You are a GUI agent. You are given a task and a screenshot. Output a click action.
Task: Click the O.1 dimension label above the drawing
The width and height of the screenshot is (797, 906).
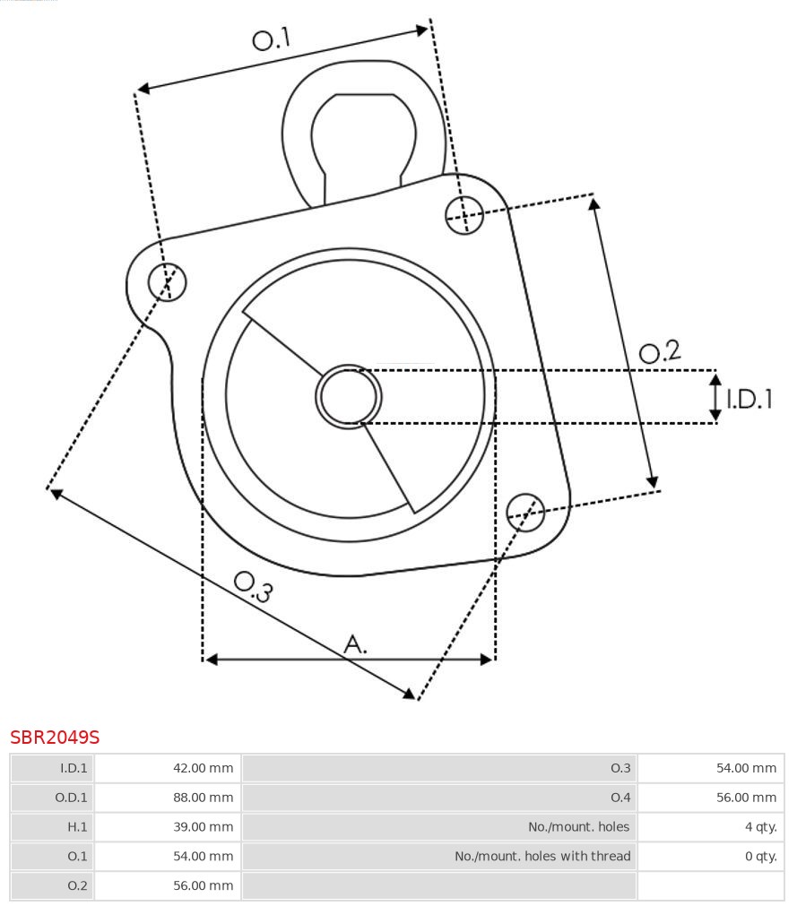tap(272, 39)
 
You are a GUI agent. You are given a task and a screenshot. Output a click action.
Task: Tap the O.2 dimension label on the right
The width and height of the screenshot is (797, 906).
tap(660, 351)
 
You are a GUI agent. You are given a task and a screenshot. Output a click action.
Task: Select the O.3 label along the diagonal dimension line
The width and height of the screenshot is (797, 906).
tap(253, 586)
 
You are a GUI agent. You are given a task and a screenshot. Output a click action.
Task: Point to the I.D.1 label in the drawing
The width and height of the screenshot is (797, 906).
tap(749, 399)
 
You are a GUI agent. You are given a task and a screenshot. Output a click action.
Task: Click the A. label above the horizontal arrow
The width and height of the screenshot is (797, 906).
tap(356, 643)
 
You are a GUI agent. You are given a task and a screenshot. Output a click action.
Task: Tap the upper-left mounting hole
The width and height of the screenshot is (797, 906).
tap(168, 282)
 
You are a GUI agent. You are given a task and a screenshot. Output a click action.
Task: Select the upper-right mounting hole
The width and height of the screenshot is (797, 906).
tap(464, 214)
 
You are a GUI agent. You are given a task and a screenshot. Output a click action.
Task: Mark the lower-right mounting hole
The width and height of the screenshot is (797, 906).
tap(525, 511)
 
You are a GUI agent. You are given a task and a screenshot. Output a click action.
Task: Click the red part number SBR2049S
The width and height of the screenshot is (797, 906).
tap(55, 738)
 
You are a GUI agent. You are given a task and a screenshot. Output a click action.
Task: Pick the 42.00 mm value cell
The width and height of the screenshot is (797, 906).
tap(168, 768)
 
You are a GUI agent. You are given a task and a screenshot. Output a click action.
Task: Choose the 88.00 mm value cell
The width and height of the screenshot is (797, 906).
tap(168, 798)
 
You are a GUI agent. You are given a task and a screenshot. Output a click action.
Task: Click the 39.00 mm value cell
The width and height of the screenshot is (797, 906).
tap(168, 827)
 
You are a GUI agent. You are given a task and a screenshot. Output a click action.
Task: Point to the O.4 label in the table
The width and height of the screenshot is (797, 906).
tap(619, 798)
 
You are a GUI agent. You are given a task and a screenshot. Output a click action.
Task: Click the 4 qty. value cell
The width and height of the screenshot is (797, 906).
tap(711, 827)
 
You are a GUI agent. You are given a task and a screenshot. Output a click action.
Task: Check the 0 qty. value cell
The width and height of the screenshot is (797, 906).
tap(711, 857)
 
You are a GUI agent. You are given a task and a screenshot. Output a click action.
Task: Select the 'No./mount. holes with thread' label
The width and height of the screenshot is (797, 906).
tap(541, 857)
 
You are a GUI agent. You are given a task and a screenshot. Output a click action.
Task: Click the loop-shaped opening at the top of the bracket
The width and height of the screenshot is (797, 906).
tap(363, 134)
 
